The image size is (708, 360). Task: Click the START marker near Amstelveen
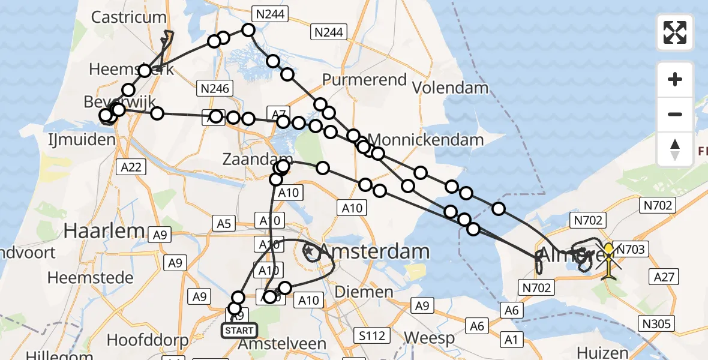click(x=239, y=330)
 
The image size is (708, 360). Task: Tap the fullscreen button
click(x=675, y=32)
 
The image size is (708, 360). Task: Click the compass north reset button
click(x=675, y=149)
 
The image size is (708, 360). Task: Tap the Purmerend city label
click(x=364, y=80)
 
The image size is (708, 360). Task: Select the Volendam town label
click(x=451, y=88)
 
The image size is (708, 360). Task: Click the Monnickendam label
click(x=427, y=140)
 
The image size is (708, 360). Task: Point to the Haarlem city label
click(x=103, y=230)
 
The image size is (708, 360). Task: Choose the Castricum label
click(x=128, y=16)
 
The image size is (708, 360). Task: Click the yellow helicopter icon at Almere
click(x=609, y=259)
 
